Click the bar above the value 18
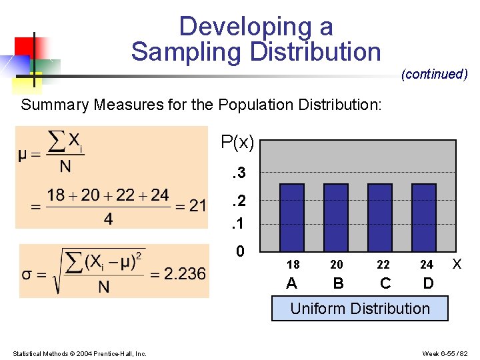[x=292, y=216]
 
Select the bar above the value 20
[x=336, y=216]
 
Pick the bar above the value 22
[x=380, y=216]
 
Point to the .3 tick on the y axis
[x=238, y=173]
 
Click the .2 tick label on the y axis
[x=238, y=201]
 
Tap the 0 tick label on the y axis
[x=240, y=252]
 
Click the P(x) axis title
[x=237, y=143]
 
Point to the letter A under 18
[x=291, y=283]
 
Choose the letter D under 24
[x=428, y=283]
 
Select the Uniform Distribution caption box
[x=360, y=309]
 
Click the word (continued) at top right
[x=434, y=74]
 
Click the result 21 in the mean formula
[x=198, y=205]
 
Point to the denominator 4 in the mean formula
[x=108, y=219]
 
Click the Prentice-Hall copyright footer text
[x=79, y=353]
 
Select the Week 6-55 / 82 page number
[x=445, y=353]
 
